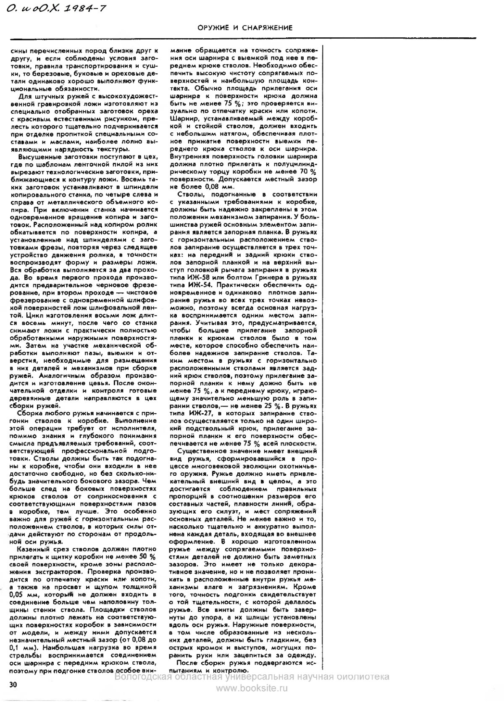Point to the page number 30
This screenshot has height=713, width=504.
[13, 684]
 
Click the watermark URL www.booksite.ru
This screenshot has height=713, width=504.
[252, 688]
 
